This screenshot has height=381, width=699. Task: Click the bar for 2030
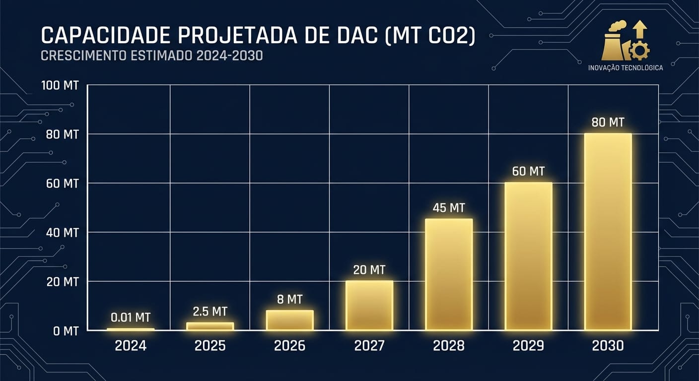click(608, 232)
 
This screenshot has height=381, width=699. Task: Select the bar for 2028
click(449, 274)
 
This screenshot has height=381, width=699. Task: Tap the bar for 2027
click(369, 305)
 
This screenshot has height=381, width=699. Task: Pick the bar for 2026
click(290, 320)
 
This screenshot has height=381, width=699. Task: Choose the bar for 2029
click(528, 256)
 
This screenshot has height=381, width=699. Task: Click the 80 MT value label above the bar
click(608, 122)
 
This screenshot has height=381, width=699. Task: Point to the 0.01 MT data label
click(131, 317)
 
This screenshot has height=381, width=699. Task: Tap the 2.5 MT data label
click(210, 312)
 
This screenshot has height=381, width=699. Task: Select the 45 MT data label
click(449, 208)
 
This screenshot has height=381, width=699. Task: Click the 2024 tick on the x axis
click(131, 346)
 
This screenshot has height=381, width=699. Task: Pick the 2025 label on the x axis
click(210, 346)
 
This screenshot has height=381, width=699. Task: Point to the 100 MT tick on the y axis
click(60, 86)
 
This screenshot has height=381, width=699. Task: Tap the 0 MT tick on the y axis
click(66, 331)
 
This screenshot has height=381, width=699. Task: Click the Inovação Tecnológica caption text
click(625, 67)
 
